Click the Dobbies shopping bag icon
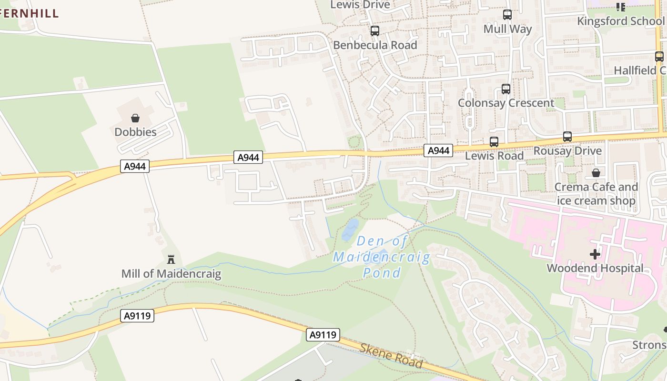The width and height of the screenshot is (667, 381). click(135, 118)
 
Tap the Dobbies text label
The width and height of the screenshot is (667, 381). click(135, 132)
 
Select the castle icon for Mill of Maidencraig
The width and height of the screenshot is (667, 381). click(171, 260)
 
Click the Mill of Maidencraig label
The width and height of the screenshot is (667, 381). click(171, 274)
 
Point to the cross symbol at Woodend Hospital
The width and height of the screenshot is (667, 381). click(595, 254)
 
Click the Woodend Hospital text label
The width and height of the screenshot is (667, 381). click(595, 268)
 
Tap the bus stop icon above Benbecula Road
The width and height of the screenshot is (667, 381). click(375, 31)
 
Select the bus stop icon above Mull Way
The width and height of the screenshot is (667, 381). click(507, 15)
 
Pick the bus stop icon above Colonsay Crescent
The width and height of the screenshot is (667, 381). click(506, 89)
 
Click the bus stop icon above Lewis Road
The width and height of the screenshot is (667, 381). click(494, 142)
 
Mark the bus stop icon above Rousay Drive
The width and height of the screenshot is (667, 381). click(567, 137)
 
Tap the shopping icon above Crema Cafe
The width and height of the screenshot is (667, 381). click(596, 173)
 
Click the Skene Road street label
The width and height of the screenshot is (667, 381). click(391, 356)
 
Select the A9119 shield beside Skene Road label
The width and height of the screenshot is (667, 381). click(323, 335)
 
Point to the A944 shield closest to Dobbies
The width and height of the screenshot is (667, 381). click(135, 166)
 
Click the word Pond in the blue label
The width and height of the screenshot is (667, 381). click(382, 273)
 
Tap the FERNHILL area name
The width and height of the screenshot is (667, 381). click(29, 13)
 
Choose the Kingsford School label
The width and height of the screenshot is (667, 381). click(620, 21)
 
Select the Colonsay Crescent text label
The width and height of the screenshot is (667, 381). click(506, 103)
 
